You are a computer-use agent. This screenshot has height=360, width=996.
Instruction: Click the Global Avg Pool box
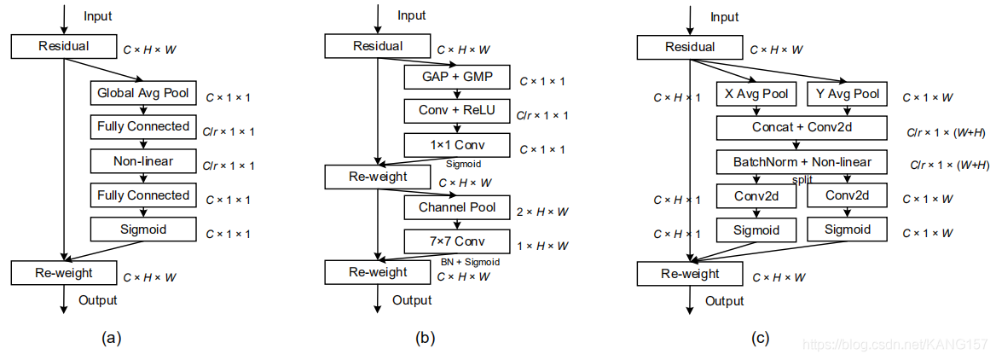click(x=143, y=93)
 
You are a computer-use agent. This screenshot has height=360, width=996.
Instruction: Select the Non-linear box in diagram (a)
click(x=143, y=161)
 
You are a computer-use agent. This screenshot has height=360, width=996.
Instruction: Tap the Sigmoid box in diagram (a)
click(x=143, y=229)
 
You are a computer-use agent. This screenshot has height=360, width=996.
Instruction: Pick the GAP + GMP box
click(x=457, y=78)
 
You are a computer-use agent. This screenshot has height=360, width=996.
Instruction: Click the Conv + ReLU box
click(x=457, y=111)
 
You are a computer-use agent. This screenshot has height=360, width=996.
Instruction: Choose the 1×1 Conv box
click(x=457, y=145)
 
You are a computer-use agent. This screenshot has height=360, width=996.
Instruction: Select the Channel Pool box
click(x=457, y=207)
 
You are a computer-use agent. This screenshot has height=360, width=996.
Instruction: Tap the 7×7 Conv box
click(x=457, y=241)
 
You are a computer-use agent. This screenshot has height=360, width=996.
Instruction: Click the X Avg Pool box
click(x=756, y=94)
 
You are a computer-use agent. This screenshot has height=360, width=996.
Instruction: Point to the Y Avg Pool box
click(x=847, y=94)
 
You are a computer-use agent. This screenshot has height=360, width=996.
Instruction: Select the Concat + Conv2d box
click(x=802, y=127)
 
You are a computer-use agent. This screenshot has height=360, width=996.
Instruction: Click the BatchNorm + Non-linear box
click(x=802, y=162)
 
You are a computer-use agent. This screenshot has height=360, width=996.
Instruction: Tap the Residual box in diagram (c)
click(x=689, y=47)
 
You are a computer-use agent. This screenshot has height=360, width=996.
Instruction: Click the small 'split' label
click(x=802, y=180)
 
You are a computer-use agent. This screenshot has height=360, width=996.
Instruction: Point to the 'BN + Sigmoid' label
click(x=470, y=261)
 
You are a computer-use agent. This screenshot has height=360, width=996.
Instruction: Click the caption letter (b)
click(x=425, y=339)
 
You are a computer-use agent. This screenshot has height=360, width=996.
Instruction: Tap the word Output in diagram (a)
click(x=98, y=299)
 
